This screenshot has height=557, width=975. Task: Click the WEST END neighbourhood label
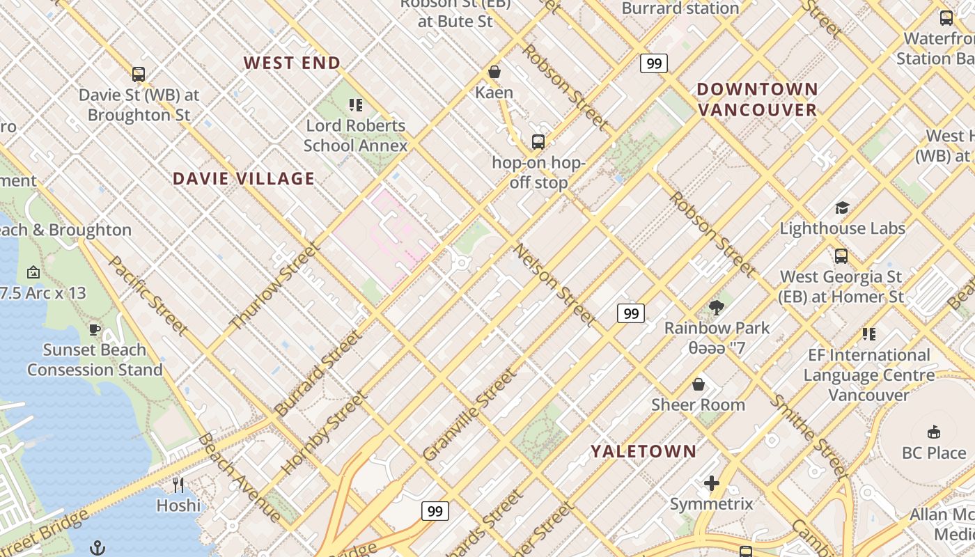click(x=292, y=63)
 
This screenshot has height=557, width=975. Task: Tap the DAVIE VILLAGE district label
click(x=244, y=178)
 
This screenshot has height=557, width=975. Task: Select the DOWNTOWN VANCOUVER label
click(x=757, y=100)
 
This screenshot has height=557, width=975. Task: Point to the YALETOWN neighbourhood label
click(x=643, y=451)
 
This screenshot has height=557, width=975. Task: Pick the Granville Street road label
click(x=470, y=414)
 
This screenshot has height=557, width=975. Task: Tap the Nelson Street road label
click(x=555, y=285)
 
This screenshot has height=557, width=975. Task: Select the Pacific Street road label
click(x=148, y=295)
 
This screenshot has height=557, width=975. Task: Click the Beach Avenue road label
click(x=239, y=478)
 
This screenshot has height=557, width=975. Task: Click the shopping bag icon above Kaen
click(x=494, y=72)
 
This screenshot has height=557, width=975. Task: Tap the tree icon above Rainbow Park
click(x=717, y=307)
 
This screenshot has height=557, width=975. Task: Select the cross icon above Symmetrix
click(x=711, y=483)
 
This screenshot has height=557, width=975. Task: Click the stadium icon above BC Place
click(x=934, y=432)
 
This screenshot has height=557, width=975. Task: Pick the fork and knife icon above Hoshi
click(x=178, y=485)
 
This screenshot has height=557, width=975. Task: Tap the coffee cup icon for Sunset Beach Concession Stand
click(x=95, y=329)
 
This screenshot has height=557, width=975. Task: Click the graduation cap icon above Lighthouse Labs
click(x=842, y=207)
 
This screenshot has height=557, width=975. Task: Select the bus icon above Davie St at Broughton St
click(x=139, y=74)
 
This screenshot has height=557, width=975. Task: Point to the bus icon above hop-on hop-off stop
click(x=538, y=142)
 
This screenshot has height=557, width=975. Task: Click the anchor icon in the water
click(x=97, y=547)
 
